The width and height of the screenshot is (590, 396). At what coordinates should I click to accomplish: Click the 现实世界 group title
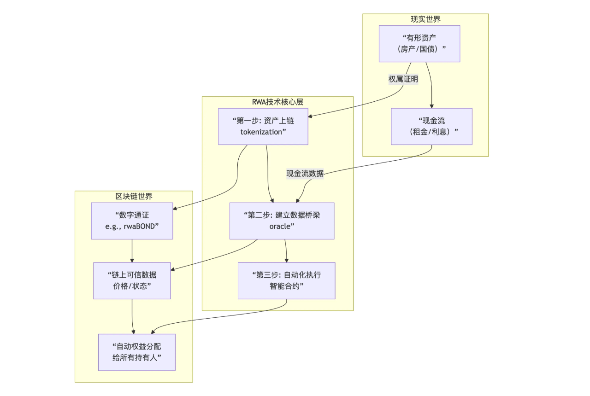pyautogui.click(x=425, y=19)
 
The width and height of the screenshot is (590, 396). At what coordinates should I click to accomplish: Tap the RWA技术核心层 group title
pyautogui.click(x=277, y=102)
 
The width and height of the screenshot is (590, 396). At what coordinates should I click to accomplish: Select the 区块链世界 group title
pyautogui.click(x=134, y=197)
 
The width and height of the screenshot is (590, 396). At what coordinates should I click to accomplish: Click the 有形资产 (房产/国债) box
pyautogui.click(x=419, y=44)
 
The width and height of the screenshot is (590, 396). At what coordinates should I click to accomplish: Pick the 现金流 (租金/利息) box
pyautogui.click(x=431, y=126)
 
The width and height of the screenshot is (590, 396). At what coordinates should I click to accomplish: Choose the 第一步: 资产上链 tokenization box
pyautogui.click(x=263, y=126)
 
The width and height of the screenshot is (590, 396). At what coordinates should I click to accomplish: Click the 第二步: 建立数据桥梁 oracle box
pyautogui.click(x=282, y=221)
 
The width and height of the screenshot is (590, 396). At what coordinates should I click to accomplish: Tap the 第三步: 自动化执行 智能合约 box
pyautogui.click(x=286, y=280)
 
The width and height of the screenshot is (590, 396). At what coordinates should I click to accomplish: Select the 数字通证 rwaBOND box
pyautogui.click(x=132, y=221)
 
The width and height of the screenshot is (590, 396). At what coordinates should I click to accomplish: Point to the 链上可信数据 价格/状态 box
pyautogui.click(x=132, y=280)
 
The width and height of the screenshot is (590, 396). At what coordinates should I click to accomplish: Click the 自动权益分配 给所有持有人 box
pyautogui.click(x=136, y=352)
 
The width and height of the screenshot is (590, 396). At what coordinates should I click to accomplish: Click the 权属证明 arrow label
pyautogui.click(x=403, y=79)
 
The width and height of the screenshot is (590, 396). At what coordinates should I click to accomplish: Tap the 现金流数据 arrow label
pyautogui.click(x=305, y=174)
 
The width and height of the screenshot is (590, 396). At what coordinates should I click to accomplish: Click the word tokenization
pyautogui.click(x=261, y=132)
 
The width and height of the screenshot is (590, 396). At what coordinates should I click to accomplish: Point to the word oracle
pyautogui.click(x=282, y=226)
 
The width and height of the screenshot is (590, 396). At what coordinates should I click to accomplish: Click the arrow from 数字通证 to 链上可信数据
pyautogui.click(x=132, y=251)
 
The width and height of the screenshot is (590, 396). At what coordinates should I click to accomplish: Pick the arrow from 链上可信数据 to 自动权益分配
pyautogui.click(x=133, y=317)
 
